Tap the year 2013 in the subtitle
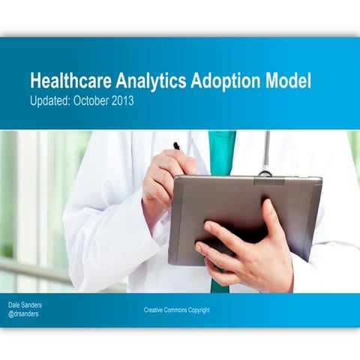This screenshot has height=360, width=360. pyautogui.click(x=123, y=100)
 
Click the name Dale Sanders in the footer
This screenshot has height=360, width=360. pyautogui.click(x=26, y=305)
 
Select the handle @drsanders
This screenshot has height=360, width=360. pyautogui.click(x=26, y=314)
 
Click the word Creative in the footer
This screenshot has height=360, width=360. pyautogui.click(x=155, y=310)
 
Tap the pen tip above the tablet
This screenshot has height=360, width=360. pyautogui.click(x=175, y=145)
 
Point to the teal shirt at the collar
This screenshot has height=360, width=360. pyautogui.click(x=222, y=150)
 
